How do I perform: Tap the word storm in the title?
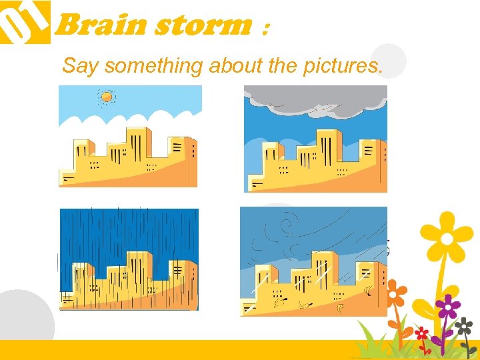click(203, 26)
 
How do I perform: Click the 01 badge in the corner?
click(24, 21)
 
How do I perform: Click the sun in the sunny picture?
click(107, 97)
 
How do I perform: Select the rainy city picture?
click(129, 259)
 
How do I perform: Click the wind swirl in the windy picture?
click(288, 223)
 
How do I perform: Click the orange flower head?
click(396, 291)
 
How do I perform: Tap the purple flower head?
click(447, 307)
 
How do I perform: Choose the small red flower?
click(421, 332)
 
